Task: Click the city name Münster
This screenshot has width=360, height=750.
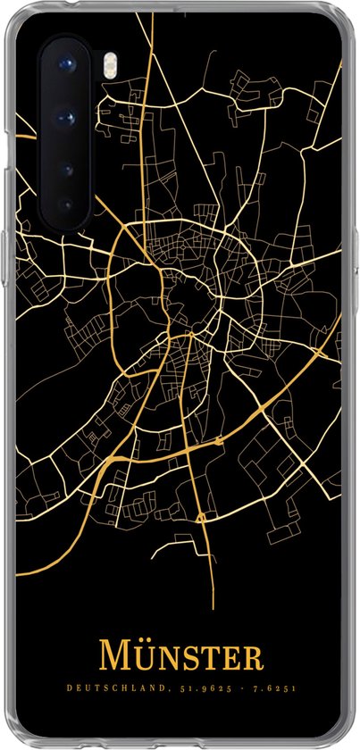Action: point(180,654)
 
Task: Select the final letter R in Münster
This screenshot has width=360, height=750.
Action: point(253,657)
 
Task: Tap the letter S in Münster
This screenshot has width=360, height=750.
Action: point(188,657)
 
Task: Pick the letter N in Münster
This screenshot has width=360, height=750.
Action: point(165,657)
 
